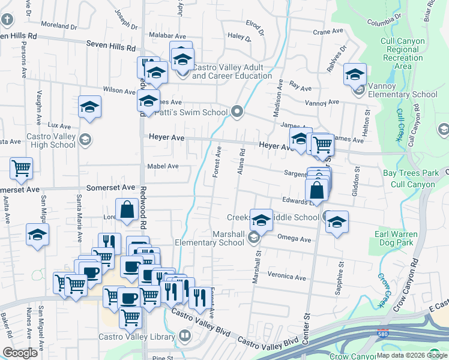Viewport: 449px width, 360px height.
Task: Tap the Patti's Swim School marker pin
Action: coord(238,112)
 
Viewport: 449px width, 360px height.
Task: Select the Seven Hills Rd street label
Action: coord(111,44)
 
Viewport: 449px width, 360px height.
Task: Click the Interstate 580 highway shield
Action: coord(382,332)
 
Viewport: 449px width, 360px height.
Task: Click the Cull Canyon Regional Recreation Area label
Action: coord(403,54)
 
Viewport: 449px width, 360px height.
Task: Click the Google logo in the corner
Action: coord(20,352)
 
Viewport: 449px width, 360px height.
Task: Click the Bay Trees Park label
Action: coord(411,173)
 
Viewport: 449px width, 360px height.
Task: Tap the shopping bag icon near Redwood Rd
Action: coord(127,211)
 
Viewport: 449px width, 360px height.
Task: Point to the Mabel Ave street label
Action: coord(163,166)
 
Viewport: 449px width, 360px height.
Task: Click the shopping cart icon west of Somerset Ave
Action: coord(22,169)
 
